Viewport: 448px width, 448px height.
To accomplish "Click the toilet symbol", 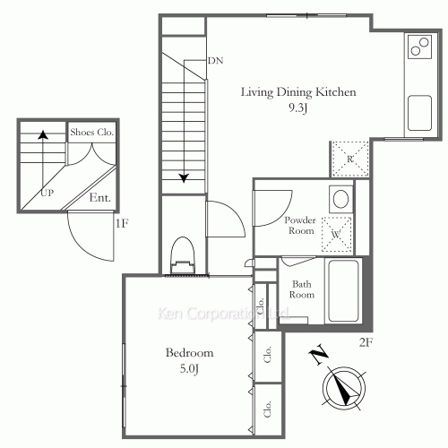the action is pos(182,255).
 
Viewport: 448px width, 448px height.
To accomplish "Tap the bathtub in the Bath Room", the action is pos(343,290).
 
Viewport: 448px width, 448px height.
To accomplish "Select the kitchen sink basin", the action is pos(419,113).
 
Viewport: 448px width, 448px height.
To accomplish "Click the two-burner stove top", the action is pos(419,47).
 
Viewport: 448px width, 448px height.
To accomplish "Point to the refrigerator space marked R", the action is pos(350,159).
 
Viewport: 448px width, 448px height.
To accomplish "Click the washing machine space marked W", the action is pos(337,235).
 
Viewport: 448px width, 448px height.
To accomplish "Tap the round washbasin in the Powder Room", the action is pos(340,199).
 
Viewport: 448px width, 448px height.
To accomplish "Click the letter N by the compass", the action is pos(319,355).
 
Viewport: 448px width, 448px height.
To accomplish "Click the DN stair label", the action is pos(216,61).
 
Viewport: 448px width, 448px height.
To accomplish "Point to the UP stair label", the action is pos(47,194).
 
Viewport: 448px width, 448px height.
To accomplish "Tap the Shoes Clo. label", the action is pos(91,132).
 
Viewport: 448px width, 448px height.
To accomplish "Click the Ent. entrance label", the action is pos(100,197).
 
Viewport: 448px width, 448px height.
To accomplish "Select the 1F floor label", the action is pos(122,223).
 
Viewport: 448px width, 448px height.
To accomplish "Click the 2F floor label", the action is pos(366,342).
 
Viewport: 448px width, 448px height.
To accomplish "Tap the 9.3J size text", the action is pos(297,108).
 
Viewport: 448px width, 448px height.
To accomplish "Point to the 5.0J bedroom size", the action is pos(189,369).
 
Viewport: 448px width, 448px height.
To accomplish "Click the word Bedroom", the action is pos(189,353).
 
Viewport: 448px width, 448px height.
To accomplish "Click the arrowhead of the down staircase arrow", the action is pos(184,178).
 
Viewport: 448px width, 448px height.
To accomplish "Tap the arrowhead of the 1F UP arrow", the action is pos(44,134).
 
